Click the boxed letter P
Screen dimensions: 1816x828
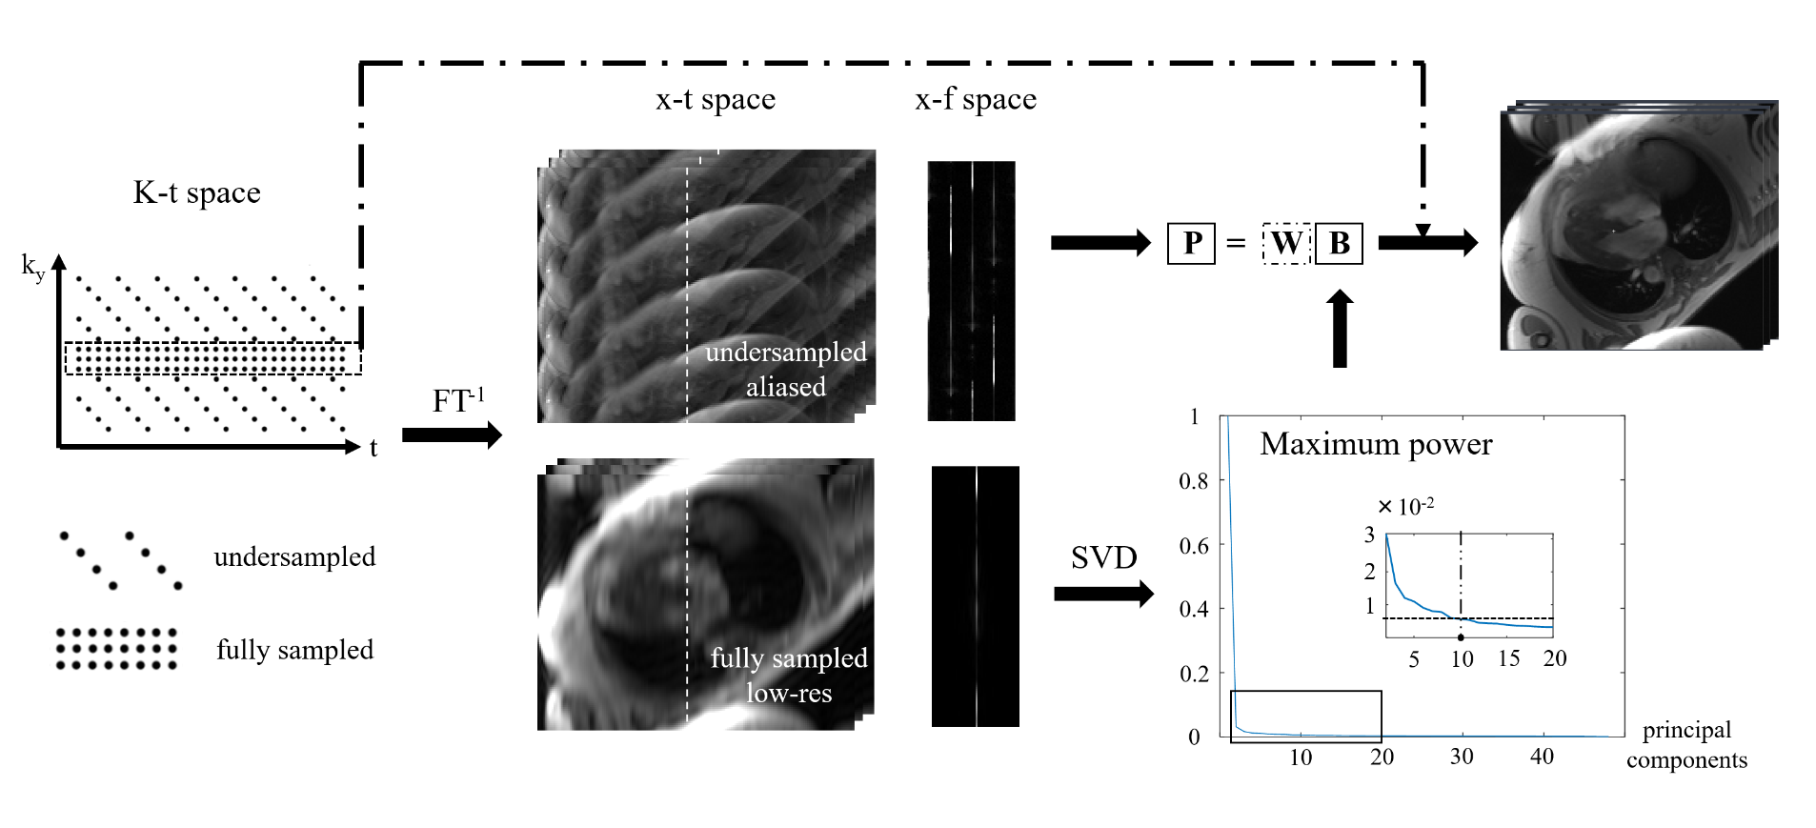1191,244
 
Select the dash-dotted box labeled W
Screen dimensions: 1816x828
1286,244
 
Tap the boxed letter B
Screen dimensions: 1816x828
1339,244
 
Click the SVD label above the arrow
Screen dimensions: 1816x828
1103,557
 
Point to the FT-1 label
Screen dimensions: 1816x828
458,400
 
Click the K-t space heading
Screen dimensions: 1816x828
196,192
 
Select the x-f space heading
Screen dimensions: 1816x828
976,99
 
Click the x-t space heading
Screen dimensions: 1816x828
716,99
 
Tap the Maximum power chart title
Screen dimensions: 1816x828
1376,444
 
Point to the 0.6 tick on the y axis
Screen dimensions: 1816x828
1194,546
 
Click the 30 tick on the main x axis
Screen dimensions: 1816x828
1462,757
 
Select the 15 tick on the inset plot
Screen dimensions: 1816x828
1508,659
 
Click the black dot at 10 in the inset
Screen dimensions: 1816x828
1461,637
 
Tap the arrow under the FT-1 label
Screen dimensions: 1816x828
452,435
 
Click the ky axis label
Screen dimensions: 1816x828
33,267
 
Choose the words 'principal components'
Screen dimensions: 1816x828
1686,745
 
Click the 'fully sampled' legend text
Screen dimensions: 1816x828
294,650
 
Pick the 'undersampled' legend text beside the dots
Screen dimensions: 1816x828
294,556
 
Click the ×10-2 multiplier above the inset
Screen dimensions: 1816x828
1406,506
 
